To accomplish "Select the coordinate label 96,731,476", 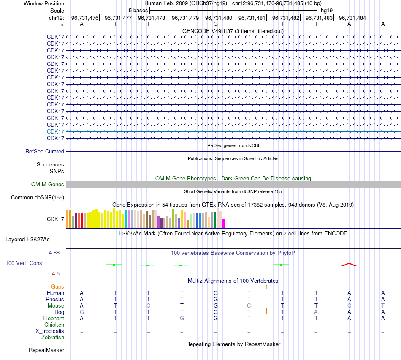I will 84,18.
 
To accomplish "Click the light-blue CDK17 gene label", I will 55,131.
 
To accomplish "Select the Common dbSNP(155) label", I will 38,197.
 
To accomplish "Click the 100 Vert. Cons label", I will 24,263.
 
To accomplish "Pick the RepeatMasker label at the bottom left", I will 46,350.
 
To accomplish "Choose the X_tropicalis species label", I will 50,331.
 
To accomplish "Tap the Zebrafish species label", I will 53,337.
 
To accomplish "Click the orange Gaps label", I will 57,286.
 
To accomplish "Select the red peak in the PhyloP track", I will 349,265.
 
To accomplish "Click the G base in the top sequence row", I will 215,24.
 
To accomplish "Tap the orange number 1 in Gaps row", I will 266,286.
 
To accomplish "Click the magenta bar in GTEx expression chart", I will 224,224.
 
